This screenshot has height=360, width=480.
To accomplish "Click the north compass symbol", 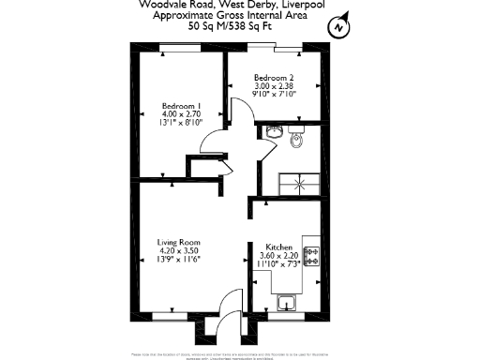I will click(337, 28).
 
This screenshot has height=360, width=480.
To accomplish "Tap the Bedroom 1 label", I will click(182, 105).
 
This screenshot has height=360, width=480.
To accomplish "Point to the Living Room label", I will click(179, 242).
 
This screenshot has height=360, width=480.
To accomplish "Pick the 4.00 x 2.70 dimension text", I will click(182, 113).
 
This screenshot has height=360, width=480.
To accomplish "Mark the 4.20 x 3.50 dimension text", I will click(179, 250).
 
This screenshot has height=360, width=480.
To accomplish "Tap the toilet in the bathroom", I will click(297, 140).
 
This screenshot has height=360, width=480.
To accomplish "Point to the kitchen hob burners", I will click(310, 254).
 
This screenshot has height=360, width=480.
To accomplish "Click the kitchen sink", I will click(288, 302).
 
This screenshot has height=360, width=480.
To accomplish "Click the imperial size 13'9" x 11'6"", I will click(179, 259).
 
